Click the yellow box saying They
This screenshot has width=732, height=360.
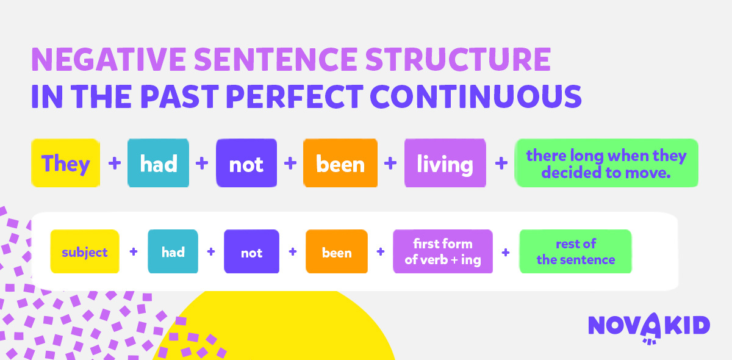[x=65, y=163]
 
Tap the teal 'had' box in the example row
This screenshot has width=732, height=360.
[x=158, y=163]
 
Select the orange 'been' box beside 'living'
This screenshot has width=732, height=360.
[x=340, y=163]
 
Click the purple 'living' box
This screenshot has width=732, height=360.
[x=445, y=163]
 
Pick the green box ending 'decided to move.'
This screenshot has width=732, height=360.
[x=606, y=163]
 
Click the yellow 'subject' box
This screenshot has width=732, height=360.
[x=85, y=251]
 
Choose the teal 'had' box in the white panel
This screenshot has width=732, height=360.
[x=173, y=251]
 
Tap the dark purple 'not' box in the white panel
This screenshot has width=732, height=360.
[x=251, y=251]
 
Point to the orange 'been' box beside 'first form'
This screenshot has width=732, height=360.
[x=337, y=251]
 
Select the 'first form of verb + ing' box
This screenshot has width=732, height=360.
[x=443, y=251]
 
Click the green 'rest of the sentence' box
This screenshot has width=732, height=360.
[x=575, y=251]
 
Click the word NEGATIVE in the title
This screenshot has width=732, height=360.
[x=109, y=59]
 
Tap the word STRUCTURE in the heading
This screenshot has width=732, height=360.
[x=458, y=59]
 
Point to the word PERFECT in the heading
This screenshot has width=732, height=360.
[x=294, y=96]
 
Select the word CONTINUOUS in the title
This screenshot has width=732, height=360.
[x=476, y=96]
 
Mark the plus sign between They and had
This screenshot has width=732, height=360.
[x=115, y=163]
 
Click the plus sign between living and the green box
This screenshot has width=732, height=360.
[x=501, y=163]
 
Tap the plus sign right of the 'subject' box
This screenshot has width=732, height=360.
[x=134, y=252]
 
